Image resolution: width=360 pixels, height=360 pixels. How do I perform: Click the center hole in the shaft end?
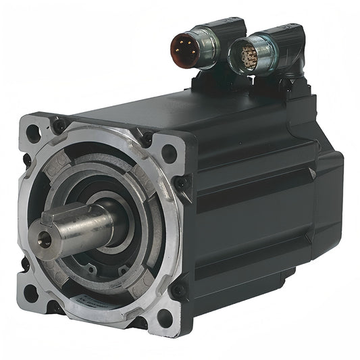[x=45, y=236]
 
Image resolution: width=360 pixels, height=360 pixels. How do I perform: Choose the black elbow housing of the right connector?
[x=284, y=44]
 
